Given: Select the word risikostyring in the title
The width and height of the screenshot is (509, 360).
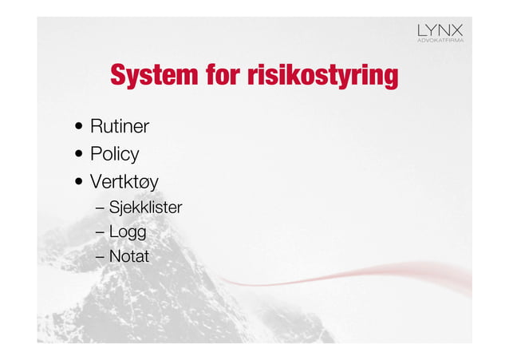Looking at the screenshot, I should coord(322,77).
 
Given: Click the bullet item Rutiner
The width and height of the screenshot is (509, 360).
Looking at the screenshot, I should coord(120,126).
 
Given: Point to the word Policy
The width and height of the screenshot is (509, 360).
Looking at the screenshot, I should coord(114,154).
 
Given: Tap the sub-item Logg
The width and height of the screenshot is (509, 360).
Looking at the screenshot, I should coord(127,232).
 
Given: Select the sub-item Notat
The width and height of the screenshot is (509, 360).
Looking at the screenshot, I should coord(128,256).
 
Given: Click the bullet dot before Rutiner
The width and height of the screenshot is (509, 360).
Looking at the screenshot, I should coord(80,127).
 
